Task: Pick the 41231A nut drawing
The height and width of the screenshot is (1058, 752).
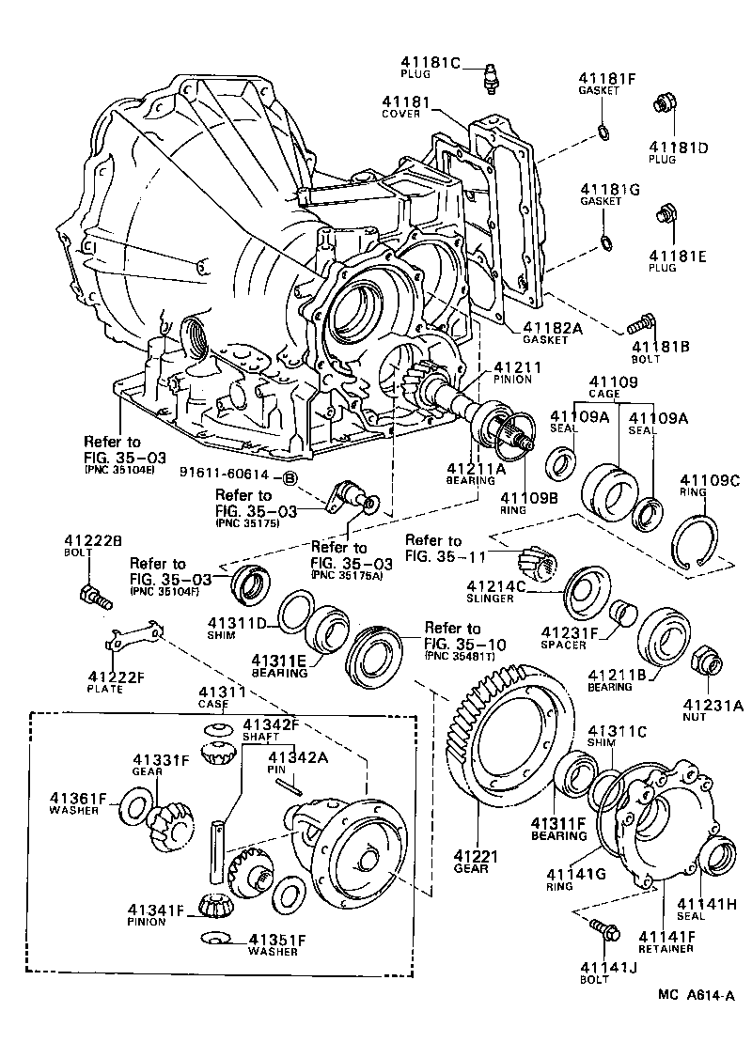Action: [x=706, y=663]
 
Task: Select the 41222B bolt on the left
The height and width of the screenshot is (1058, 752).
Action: [x=94, y=595]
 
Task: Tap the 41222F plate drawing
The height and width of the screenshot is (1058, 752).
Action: [x=132, y=641]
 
